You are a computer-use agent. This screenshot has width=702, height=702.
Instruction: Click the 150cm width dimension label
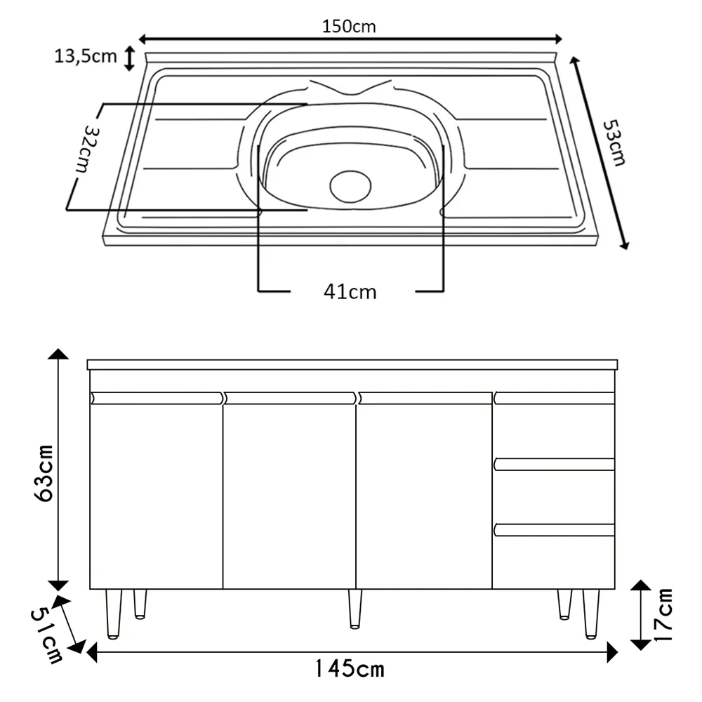(x=349, y=26)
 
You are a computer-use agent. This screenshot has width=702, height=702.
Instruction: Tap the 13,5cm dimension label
(x=86, y=57)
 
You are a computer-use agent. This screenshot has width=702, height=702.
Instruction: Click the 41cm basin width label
(x=350, y=291)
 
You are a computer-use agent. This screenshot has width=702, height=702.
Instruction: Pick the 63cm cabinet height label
(x=44, y=472)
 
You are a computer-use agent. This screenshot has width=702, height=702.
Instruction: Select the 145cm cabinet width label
(x=349, y=669)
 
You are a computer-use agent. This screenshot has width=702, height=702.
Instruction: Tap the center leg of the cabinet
(x=355, y=607)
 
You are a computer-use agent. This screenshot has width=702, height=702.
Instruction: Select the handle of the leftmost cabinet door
(x=157, y=398)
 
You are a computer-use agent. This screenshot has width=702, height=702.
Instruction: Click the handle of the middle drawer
(x=555, y=464)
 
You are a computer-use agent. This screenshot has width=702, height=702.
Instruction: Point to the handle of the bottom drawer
(x=555, y=530)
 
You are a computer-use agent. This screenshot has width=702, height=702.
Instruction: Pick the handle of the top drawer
(x=555, y=398)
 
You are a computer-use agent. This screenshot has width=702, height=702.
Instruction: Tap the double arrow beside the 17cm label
(x=640, y=615)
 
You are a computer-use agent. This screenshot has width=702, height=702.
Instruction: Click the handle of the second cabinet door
(x=290, y=398)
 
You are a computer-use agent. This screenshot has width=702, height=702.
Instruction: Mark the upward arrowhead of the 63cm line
(x=58, y=357)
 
